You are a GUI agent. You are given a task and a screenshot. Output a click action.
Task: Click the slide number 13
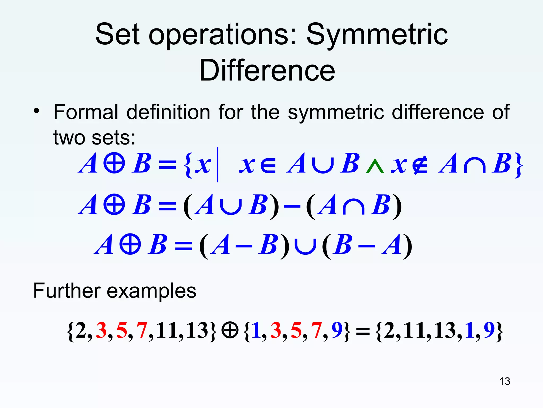coord(504,381)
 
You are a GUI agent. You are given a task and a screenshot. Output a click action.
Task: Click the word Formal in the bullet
coord(86,112)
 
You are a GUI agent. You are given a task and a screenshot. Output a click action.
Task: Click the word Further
coord(66,291)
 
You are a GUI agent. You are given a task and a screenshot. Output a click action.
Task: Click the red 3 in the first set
coord(101,330)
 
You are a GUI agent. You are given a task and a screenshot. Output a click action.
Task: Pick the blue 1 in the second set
coord(256,330)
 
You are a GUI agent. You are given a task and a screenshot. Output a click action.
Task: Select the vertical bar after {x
coord(217,165)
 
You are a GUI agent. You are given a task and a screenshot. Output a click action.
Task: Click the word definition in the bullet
coord(168,112)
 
